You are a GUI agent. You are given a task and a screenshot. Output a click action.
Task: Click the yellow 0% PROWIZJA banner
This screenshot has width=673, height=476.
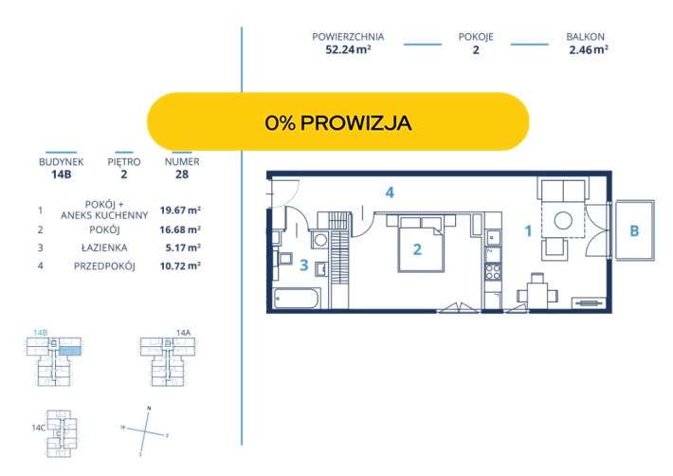338,122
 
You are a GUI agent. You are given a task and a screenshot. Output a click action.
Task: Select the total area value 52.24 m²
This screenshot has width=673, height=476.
348,49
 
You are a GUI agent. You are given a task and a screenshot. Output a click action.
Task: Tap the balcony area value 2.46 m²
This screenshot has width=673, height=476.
589,50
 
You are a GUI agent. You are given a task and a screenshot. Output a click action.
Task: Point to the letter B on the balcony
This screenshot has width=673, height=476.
634,231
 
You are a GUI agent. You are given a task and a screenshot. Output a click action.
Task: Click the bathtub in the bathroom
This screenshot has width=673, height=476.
296,298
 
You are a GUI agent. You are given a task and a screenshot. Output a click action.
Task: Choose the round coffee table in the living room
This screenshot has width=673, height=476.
563,221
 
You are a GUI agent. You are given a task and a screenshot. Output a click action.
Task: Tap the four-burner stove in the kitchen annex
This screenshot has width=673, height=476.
493,272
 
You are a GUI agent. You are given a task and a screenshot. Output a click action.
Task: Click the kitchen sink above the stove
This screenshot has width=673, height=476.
493,237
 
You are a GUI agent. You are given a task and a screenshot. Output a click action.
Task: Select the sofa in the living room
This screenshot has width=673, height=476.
563,191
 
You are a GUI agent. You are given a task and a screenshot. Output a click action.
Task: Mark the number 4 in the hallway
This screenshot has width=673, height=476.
390,192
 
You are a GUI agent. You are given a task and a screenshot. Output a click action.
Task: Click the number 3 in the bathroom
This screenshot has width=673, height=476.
304,265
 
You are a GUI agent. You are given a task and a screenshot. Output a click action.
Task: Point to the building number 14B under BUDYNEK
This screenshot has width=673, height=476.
61,174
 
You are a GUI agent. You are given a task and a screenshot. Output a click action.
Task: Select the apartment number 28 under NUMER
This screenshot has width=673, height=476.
182,174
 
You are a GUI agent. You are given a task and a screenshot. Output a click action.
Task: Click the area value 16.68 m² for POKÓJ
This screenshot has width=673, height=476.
180,229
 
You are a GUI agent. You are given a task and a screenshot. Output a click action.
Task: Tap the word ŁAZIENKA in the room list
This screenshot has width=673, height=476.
104,247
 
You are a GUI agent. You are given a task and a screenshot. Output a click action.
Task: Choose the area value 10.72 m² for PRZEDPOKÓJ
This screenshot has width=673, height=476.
180,265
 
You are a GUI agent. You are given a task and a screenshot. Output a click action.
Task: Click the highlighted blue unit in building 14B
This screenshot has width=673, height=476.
69,352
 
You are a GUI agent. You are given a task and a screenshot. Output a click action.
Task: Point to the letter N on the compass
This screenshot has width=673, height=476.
149,408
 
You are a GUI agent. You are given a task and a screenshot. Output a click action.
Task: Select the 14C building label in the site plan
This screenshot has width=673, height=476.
38,428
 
